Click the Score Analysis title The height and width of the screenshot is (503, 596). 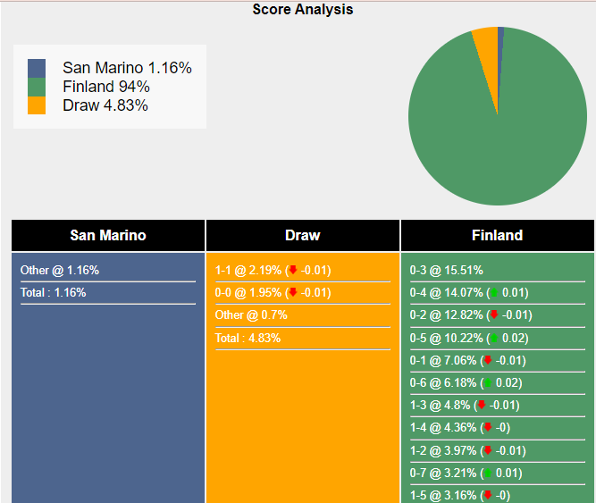pos(302,10)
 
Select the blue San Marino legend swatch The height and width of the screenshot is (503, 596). pos(37,68)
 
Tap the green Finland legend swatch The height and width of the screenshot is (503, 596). pos(37,87)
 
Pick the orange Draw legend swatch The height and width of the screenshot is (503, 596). pos(37,105)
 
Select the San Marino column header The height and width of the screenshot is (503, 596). pos(108,236)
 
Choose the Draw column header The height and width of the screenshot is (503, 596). pos(303,236)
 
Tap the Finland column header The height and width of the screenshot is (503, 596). pos(497,236)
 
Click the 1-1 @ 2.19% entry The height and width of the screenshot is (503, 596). pos(248,270)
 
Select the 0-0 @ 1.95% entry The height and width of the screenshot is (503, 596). pos(248,292)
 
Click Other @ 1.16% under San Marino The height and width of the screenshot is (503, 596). pos(60,270)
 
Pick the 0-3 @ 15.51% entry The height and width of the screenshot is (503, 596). pos(446,270)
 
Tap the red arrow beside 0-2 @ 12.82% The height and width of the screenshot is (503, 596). pos(493,315)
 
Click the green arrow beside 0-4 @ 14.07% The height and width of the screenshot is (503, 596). pos(493,292)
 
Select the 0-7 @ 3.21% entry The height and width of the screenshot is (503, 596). pos(442,473)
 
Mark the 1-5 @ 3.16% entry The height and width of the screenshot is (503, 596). pos(442,495)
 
